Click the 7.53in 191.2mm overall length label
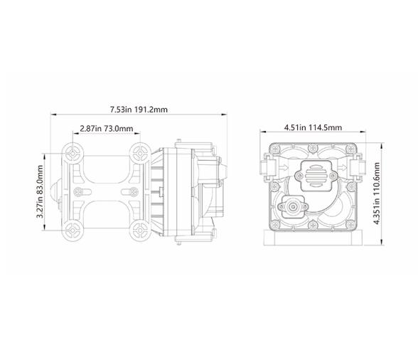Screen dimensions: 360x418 (139, 110)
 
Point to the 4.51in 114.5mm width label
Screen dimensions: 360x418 (313, 128)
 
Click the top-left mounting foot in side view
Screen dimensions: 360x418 (73, 152)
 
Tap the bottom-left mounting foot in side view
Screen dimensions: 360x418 (73, 230)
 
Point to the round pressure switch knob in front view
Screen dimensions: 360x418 (293, 207)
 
